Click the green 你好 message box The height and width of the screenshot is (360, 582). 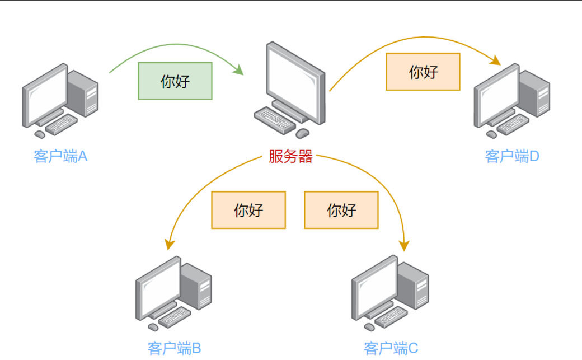tap(175, 81)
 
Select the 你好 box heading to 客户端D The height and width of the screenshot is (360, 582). tap(423, 72)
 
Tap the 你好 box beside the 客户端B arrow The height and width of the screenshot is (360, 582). tap(248, 210)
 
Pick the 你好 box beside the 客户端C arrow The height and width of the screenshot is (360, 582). tap(341, 210)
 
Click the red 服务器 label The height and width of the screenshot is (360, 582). tap(290, 157)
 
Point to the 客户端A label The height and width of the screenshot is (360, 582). tap(60, 156)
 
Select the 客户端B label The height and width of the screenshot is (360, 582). tap(174, 349)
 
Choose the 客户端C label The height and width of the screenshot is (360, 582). tap(391, 349)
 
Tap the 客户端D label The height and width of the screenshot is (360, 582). tap(511, 156)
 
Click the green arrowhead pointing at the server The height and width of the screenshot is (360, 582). tap(239, 70)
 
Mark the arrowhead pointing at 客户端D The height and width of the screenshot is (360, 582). tap(495, 60)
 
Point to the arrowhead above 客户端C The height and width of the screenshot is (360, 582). tap(404, 245)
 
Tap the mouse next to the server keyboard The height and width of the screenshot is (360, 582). tap(302, 133)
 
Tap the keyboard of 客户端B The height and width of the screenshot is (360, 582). tap(175, 317)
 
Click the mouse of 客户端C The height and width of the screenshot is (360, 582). tap(369, 326)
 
